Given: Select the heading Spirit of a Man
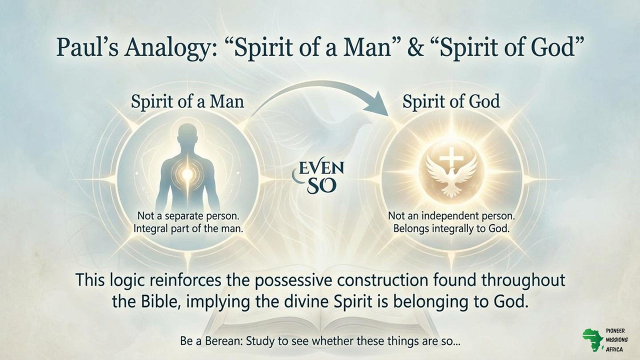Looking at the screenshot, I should (x=187, y=101).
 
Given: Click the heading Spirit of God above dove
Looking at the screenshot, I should (x=451, y=101).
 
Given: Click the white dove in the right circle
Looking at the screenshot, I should (x=451, y=175).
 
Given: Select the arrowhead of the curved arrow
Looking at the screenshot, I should (x=377, y=105).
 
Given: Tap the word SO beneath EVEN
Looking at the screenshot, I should (x=321, y=186).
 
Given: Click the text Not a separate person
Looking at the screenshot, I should (x=187, y=217).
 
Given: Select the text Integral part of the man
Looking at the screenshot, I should (x=187, y=229).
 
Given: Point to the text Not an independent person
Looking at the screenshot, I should (x=451, y=217).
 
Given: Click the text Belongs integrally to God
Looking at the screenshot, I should (x=451, y=229).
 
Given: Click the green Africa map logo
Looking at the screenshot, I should (x=592, y=340).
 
